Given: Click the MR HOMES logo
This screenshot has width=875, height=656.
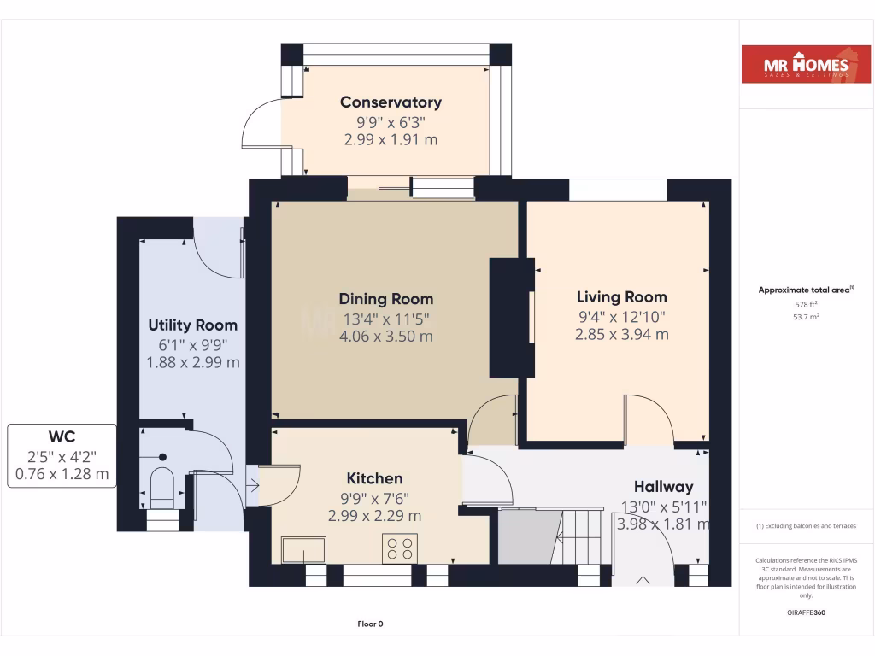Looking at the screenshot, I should click(x=806, y=65).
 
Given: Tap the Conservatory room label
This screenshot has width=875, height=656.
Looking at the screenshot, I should click(x=391, y=102).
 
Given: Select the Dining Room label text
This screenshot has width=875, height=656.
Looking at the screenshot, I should click(x=385, y=299).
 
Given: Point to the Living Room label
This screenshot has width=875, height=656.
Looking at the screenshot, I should click(x=621, y=297).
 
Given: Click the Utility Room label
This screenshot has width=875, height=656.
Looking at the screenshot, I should click(x=192, y=325).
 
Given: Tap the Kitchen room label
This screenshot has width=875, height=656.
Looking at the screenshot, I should click(x=374, y=478).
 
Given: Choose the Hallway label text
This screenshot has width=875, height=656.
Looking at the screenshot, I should click(x=664, y=487).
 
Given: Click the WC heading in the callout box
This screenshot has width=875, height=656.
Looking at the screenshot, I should click(x=62, y=437).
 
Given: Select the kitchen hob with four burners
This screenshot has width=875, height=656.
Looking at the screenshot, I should click(x=400, y=548).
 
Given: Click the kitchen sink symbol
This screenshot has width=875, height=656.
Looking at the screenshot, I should click(x=303, y=549).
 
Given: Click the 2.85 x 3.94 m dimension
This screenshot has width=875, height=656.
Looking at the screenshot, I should click(x=621, y=334).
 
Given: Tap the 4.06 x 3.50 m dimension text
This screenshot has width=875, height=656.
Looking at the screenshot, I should click(x=385, y=336).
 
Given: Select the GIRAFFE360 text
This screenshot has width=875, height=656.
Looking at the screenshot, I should click(x=806, y=612).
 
